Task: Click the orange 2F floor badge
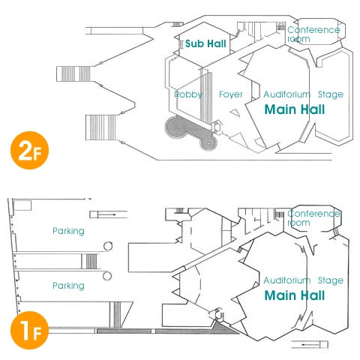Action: tap(29, 150)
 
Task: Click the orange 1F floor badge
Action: tap(29, 330)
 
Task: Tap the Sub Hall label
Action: tap(205, 43)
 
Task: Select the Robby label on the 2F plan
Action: tap(188, 94)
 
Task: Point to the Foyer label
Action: tap(231, 94)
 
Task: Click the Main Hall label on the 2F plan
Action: tap(295, 109)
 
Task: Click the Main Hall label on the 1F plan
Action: tap(295, 295)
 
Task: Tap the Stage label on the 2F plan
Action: tap(331, 94)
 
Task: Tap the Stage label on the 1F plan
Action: tap(331, 280)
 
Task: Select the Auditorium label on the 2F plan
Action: tap(287, 94)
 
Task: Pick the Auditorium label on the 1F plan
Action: tap(287, 280)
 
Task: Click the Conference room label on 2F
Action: tap(313, 34)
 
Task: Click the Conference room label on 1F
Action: tap(313, 218)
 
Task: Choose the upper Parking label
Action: tap(68, 231)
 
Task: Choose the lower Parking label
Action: tap(68, 286)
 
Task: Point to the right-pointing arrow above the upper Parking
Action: tap(106, 214)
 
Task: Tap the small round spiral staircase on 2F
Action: tap(208, 143)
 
